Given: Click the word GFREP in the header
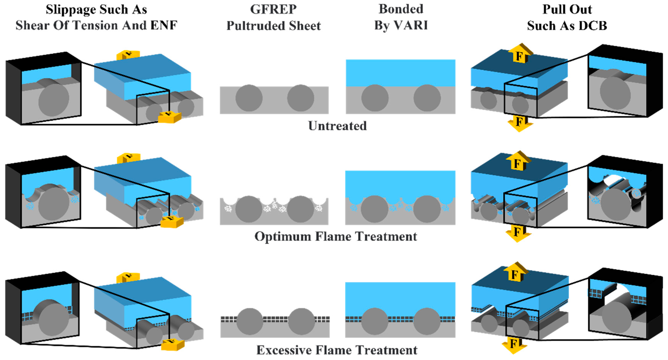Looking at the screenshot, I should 273,9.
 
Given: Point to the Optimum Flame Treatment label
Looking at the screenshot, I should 336,236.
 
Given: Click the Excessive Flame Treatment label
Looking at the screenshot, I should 337,350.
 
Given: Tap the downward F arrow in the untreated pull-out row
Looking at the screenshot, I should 519,123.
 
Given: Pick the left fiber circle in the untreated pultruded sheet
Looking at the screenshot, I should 249,98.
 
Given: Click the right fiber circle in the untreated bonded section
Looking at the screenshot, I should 427,98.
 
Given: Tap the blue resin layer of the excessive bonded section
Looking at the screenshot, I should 400,298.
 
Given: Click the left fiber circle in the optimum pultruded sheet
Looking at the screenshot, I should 249,209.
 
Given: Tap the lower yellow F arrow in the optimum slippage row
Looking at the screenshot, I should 172,222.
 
